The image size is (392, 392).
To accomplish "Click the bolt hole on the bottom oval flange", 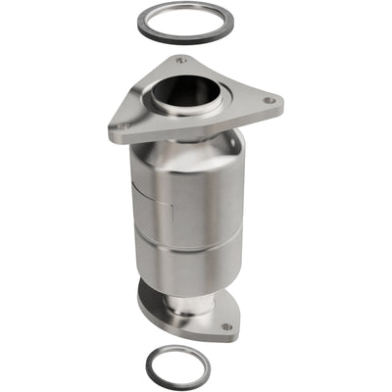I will tap(225, 326).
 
